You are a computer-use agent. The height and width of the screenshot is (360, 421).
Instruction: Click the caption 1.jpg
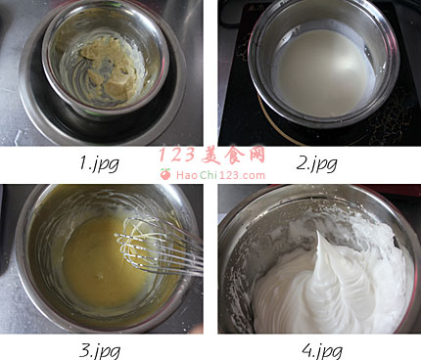point(99,163)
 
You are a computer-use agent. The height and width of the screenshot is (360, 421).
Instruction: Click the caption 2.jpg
point(316,163)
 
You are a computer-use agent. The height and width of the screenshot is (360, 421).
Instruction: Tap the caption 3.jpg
point(100,351)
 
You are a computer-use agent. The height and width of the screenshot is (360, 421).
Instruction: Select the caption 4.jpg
point(322,351)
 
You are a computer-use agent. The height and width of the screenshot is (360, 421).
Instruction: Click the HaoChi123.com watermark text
point(220,175)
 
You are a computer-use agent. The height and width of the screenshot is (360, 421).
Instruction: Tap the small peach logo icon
point(165,174)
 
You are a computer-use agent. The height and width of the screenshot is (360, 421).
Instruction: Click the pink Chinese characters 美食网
point(234,155)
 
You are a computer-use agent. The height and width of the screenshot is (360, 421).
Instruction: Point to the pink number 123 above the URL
point(177,155)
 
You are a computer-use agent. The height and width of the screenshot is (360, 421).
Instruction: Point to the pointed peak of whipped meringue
point(318,232)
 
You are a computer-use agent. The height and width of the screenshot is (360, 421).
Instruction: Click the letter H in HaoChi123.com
point(180,175)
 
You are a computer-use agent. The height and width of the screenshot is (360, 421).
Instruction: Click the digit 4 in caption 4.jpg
point(307,349)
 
